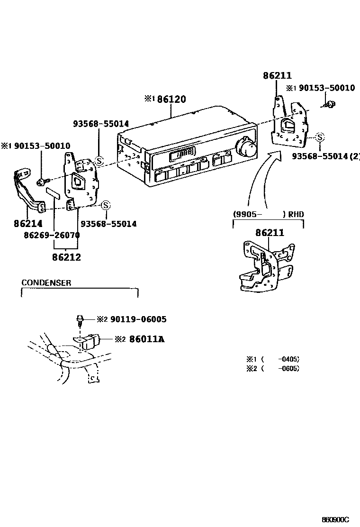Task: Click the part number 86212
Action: [67, 257]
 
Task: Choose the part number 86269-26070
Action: [52, 235]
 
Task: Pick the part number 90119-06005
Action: [138, 319]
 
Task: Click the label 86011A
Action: [140, 339]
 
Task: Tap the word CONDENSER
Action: [46, 283]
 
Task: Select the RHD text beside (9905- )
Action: [296, 214]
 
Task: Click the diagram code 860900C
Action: [335, 520]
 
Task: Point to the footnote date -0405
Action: [289, 359]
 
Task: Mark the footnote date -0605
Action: [289, 368]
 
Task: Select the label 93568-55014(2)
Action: [325, 156]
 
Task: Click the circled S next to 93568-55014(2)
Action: [320, 137]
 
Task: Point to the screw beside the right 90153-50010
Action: [331, 104]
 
